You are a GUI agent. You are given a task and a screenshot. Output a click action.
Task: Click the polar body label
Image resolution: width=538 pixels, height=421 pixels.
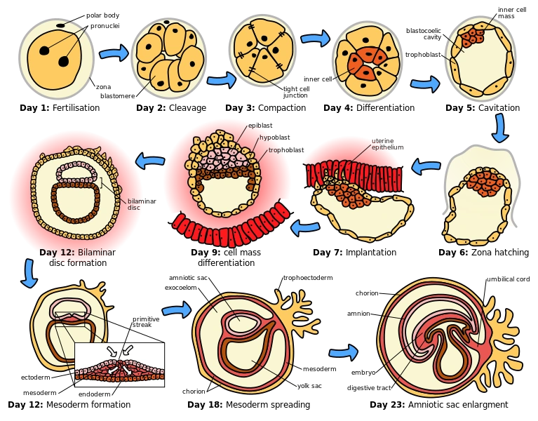[x=102, y=15]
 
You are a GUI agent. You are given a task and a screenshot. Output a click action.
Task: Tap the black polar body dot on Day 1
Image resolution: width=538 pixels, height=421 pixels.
[x=60, y=25]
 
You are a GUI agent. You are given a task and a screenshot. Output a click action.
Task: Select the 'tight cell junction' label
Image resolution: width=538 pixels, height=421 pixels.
[x=296, y=92]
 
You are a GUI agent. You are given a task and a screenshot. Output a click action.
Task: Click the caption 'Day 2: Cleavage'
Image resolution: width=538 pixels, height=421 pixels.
[x=171, y=108]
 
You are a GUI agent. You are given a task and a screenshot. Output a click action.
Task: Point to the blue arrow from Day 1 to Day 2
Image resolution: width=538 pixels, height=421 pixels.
[x=114, y=53]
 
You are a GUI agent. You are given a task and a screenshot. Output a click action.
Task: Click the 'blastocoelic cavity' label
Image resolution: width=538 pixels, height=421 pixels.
[x=424, y=34]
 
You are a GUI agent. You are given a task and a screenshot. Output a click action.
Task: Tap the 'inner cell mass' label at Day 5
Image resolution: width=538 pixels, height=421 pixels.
[x=512, y=13]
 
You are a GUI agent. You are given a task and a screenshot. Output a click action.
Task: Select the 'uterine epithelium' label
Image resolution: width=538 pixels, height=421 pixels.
[x=387, y=144]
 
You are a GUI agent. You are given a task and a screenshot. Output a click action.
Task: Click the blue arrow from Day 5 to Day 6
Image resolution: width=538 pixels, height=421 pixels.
[x=500, y=128]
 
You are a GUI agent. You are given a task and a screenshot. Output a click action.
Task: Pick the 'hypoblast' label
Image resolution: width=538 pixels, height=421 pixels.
[x=274, y=138]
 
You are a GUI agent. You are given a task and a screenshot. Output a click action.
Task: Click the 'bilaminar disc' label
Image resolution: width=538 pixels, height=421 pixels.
[x=142, y=204]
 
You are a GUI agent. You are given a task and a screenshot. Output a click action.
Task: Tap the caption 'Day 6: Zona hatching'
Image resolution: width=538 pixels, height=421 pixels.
[x=483, y=253]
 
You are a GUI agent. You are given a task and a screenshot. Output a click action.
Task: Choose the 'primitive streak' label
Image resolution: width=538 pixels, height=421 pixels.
[x=146, y=321]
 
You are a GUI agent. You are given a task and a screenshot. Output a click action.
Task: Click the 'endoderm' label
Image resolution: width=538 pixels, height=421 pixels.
[x=95, y=394]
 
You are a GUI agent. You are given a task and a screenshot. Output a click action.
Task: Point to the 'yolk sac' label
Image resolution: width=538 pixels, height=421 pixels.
[x=309, y=386]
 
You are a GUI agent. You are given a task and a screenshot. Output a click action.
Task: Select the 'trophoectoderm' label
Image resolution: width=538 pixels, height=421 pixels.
[x=308, y=278]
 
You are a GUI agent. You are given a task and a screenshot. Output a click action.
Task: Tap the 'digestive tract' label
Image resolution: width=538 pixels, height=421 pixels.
[x=369, y=388]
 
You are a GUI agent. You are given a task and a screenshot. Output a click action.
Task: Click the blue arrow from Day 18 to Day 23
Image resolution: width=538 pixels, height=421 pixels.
[x=343, y=352]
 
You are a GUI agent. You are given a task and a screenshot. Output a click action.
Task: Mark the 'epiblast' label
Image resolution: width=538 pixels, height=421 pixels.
[x=260, y=126]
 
